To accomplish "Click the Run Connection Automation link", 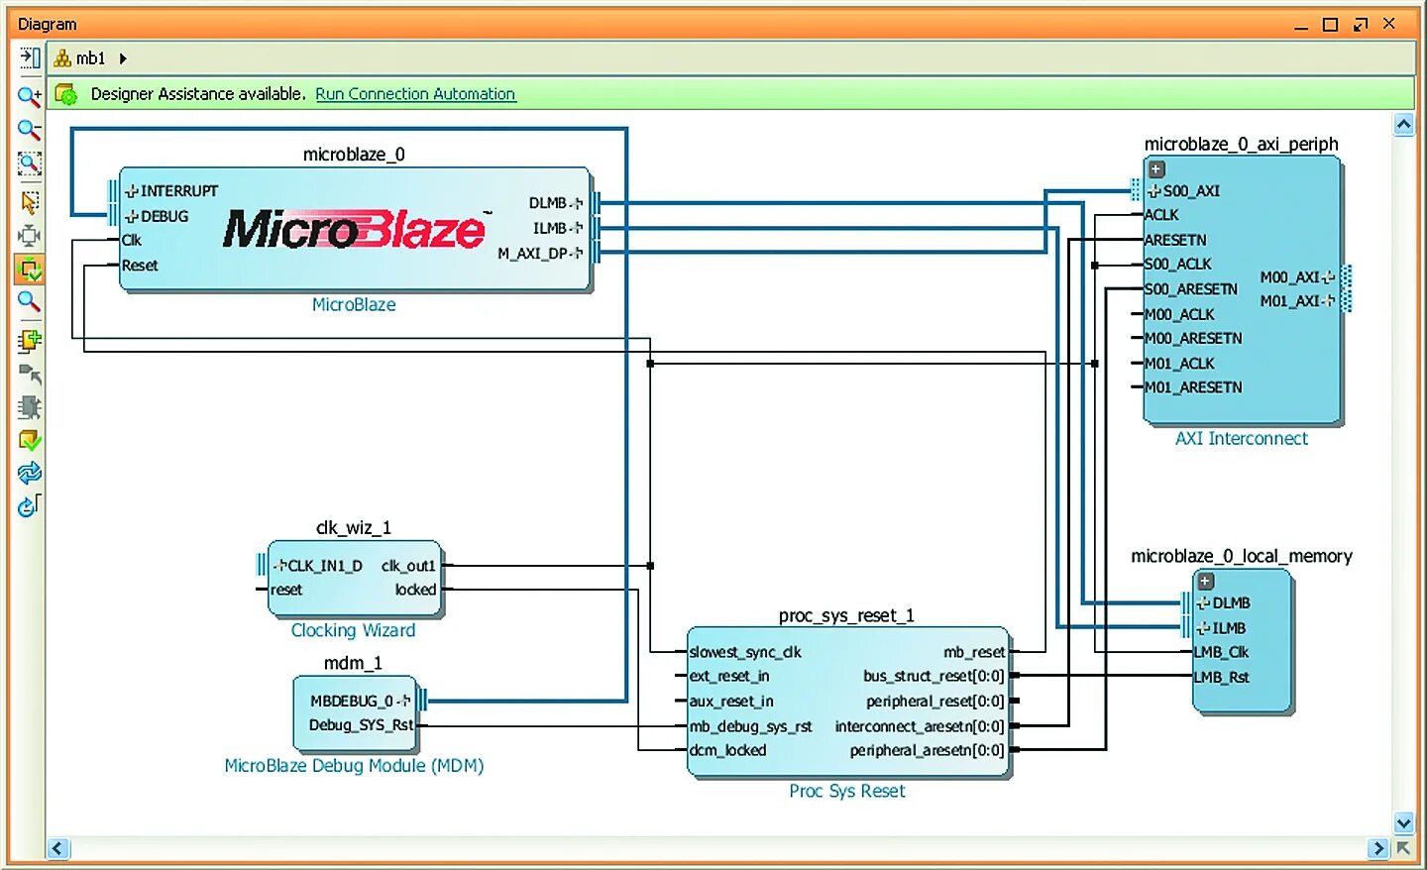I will [x=415, y=94].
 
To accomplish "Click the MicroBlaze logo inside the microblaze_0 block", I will [x=354, y=229].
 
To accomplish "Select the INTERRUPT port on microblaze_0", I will [x=177, y=190].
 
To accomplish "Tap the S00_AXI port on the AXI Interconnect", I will [x=1189, y=190].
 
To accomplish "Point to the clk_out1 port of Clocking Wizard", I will [x=408, y=566].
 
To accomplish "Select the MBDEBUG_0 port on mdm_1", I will [x=354, y=701].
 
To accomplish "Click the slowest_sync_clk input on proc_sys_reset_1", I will [x=745, y=652].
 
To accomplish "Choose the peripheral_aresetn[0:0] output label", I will [x=927, y=750].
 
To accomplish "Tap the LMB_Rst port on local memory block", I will [x=1221, y=677].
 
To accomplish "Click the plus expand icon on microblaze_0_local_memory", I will [x=1205, y=582].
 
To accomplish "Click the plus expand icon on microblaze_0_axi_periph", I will [x=1155, y=169].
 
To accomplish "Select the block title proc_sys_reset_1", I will [x=846, y=615].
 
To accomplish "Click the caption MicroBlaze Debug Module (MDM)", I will [x=354, y=765].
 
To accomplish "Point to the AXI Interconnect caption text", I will [x=1241, y=438].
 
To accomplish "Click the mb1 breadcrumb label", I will [x=90, y=58].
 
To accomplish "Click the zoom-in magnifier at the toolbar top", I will [x=29, y=96].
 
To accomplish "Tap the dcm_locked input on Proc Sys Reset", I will [x=727, y=750].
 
